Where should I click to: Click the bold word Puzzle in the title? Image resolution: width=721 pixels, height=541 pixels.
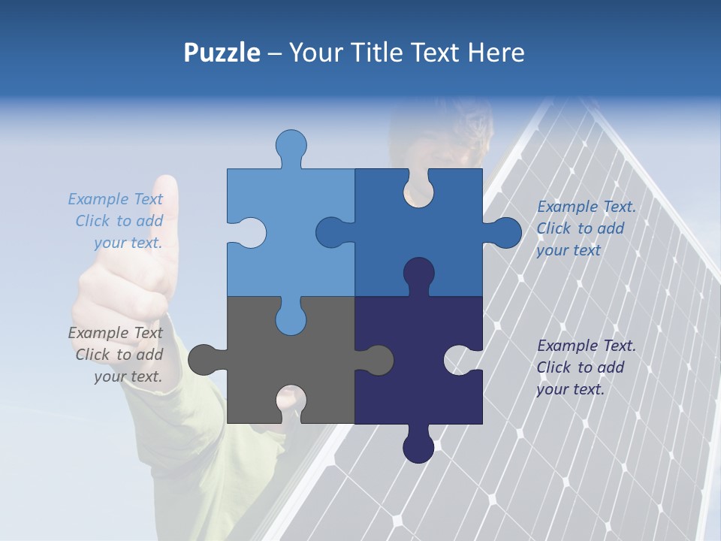pyautogui.click(x=222, y=53)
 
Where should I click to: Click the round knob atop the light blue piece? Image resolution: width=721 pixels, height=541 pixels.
pyautogui.click(x=291, y=144)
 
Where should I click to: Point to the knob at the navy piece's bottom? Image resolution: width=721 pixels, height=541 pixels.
pyautogui.click(x=418, y=448)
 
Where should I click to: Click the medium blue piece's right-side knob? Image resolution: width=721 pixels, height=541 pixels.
pyautogui.click(x=506, y=233)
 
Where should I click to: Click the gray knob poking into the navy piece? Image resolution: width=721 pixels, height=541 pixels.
pyautogui.click(x=379, y=360)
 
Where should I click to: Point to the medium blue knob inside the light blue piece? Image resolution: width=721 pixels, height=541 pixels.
pyautogui.click(x=330, y=232)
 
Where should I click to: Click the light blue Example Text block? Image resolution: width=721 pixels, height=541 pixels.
pyautogui.click(x=116, y=221)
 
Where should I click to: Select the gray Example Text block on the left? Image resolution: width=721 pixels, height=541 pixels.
pyautogui.click(x=116, y=355)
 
